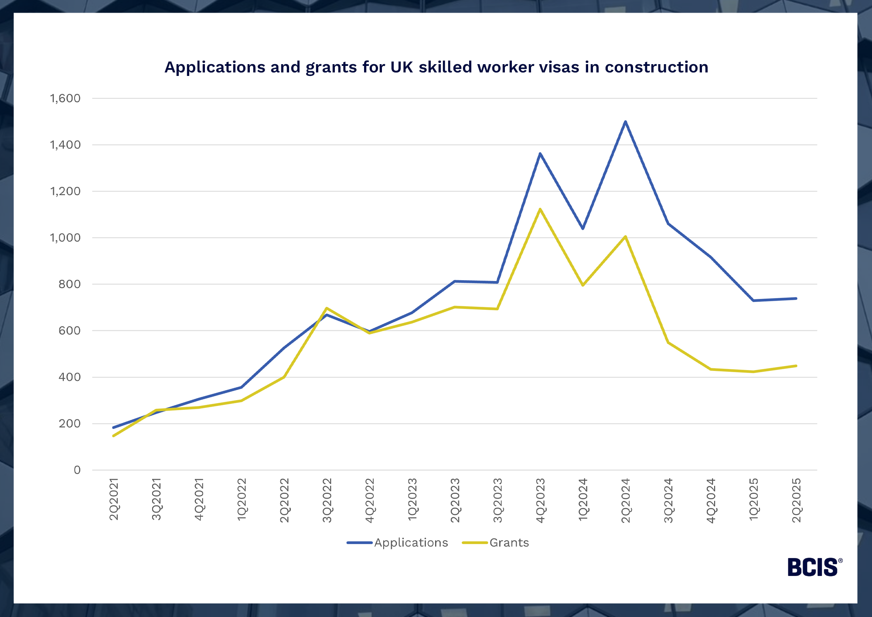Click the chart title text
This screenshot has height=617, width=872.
[x=436, y=67]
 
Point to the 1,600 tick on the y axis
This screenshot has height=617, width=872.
[x=65, y=98]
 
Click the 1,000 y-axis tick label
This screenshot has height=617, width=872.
[x=65, y=238]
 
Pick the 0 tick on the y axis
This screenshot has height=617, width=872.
[x=77, y=470]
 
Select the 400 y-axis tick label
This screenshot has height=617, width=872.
[x=70, y=377]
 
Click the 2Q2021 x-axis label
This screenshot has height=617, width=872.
[x=114, y=500]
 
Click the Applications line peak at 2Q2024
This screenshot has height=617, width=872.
[x=625, y=122]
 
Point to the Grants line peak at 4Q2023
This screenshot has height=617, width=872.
[x=540, y=209]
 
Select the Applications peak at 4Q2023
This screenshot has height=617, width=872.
[x=540, y=154]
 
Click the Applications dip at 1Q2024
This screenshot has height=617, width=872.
[x=582, y=228]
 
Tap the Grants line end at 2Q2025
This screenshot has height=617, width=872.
[x=796, y=366]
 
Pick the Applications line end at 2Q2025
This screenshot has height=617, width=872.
[x=796, y=298]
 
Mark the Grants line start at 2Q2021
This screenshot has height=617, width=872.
[x=113, y=435]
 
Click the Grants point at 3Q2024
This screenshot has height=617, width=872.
[x=668, y=343]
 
